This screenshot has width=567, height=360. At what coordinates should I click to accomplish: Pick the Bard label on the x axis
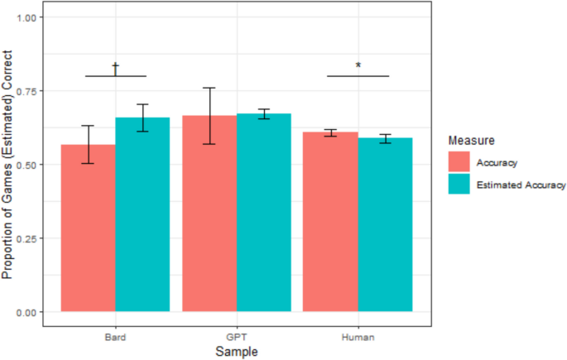coord(115,338)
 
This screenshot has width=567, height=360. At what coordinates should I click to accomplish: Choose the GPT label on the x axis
coord(237,338)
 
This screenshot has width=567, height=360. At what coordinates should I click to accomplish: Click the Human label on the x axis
coord(358,338)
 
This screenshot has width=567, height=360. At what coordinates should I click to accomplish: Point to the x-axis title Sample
coord(237,352)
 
